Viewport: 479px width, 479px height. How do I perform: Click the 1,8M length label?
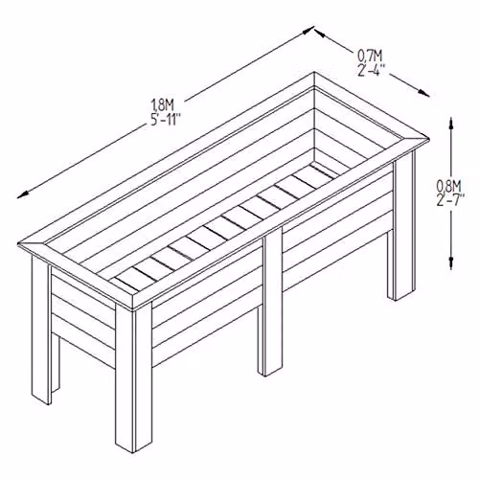pos(162,104)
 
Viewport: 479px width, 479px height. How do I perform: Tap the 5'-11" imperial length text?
pos(165,120)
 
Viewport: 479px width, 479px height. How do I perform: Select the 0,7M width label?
pos(370,57)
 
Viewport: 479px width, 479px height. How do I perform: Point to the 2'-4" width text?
pos(370,70)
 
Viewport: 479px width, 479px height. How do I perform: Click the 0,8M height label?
pos(448,186)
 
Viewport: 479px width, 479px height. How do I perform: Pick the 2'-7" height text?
pos(450,200)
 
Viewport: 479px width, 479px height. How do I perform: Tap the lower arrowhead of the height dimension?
pos(451,262)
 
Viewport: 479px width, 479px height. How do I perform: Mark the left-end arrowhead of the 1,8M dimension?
pos(23,194)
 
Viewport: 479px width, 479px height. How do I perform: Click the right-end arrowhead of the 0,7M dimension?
pos(423,93)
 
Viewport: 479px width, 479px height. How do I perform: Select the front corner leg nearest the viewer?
pos(133,376)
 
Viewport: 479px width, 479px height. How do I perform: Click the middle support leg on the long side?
pos(270,302)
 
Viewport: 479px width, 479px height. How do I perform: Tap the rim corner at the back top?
pos(314,80)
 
